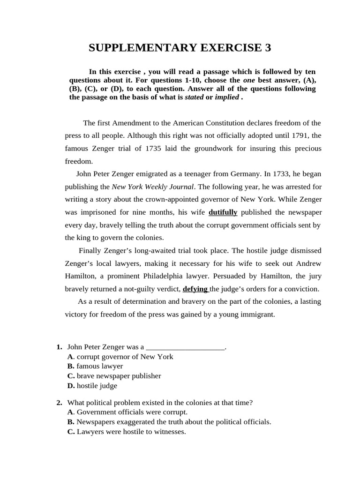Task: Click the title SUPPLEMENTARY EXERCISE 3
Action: (x=180, y=48)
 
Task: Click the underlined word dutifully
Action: (x=223, y=212)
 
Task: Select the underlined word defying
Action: (x=195, y=289)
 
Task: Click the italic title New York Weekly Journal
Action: (x=152, y=187)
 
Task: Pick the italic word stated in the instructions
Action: (x=194, y=97)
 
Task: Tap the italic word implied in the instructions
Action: (x=226, y=97)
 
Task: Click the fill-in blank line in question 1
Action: (x=186, y=347)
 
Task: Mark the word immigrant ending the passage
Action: (x=258, y=315)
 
